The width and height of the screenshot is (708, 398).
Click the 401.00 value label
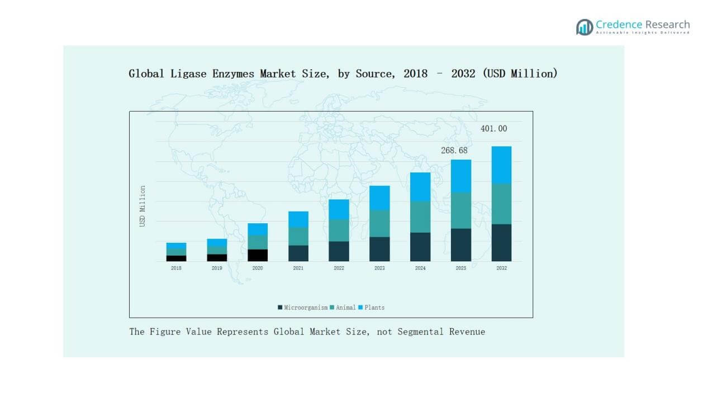coord(494,129)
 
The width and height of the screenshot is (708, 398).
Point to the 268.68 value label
coord(454,151)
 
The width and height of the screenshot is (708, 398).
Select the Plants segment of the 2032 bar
coord(501,165)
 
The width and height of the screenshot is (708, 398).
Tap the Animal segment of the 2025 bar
coord(460,210)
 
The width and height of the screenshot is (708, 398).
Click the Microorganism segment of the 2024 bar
coord(420,247)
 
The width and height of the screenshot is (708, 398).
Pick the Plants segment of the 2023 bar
coord(379,198)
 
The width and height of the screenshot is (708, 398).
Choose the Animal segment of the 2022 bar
coord(339,230)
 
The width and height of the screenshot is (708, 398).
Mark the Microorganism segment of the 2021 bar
coord(298,253)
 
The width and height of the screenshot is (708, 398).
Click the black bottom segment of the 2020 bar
coord(258,255)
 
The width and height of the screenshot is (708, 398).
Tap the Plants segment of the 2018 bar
coord(176,246)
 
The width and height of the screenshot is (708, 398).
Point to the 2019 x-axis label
coord(217,268)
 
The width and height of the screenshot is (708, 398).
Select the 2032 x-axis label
coord(501,268)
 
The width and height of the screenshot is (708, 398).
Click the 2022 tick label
coord(339,268)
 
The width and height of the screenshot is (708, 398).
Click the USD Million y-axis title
coord(142,206)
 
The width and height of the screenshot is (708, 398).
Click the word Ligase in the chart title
coord(182,74)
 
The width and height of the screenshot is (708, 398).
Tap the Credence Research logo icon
coord(585,27)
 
